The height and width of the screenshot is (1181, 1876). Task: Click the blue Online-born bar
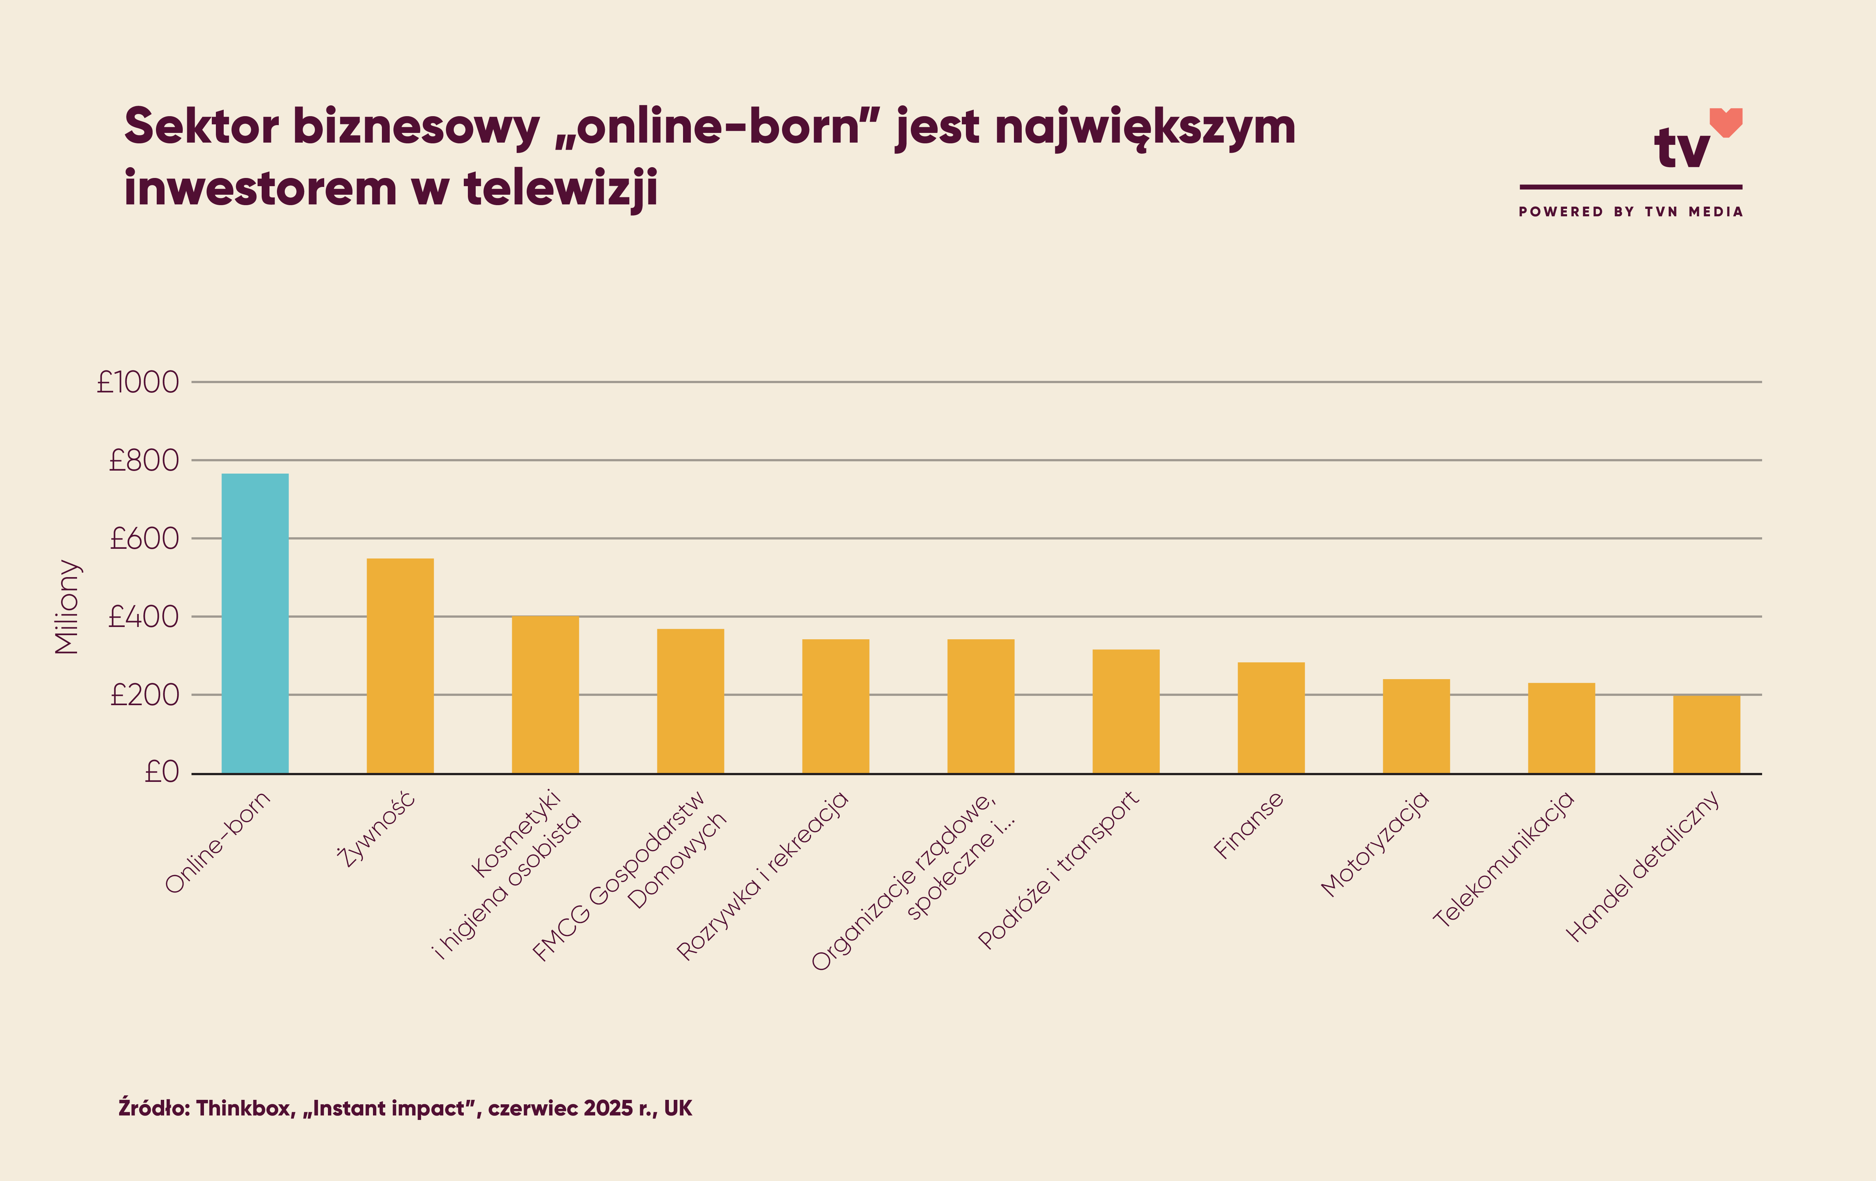click(x=255, y=623)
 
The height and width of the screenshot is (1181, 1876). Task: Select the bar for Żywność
click(x=400, y=666)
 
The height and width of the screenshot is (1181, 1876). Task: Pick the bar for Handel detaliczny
click(x=1706, y=735)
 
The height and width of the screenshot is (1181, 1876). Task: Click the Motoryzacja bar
click(x=1416, y=726)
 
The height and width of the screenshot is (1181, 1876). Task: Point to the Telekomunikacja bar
click(x=1561, y=728)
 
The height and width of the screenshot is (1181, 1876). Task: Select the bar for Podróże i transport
click(x=1126, y=711)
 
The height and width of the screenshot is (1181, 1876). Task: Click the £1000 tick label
click(x=138, y=382)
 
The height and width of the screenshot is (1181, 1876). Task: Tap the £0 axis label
click(x=162, y=772)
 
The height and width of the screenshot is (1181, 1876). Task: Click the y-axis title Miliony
click(x=67, y=607)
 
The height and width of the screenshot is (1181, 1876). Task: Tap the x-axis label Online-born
click(x=218, y=841)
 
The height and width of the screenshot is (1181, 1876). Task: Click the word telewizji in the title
click(x=561, y=189)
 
